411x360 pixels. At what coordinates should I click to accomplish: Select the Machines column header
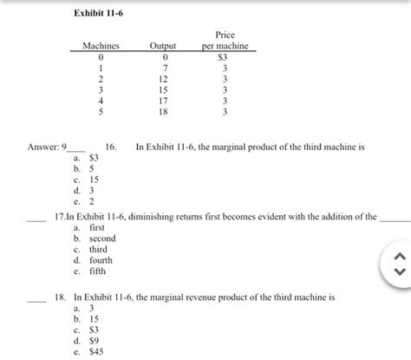[101, 46]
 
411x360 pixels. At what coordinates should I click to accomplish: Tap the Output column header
[163, 46]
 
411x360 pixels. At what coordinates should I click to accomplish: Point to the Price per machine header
[225, 40]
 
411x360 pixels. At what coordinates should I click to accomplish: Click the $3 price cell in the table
[225, 56]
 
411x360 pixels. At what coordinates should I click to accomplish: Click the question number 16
[111, 148]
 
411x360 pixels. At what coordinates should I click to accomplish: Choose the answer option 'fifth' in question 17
[90, 270]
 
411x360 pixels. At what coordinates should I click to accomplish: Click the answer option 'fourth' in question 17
[94, 259]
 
